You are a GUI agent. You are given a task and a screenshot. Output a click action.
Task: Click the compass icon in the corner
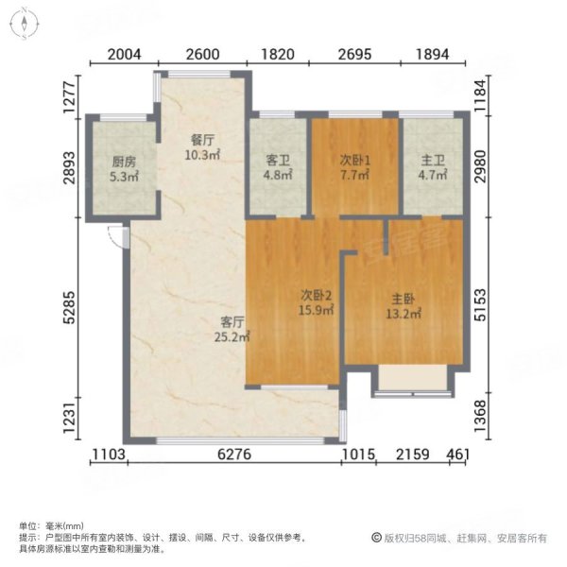[x=22, y=22]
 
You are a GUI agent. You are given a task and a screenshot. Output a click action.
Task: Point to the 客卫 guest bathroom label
[x=278, y=161]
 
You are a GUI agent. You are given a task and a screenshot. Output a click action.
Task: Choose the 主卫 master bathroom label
[x=433, y=161]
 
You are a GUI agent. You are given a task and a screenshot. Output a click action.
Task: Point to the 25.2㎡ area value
[x=230, y=335]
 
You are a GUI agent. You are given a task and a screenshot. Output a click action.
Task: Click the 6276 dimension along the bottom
[x=234, y=456]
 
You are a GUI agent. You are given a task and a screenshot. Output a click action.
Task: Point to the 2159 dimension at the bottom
[x=415, y=456]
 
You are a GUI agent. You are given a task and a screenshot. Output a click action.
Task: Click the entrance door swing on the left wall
[x=117, y=238]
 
